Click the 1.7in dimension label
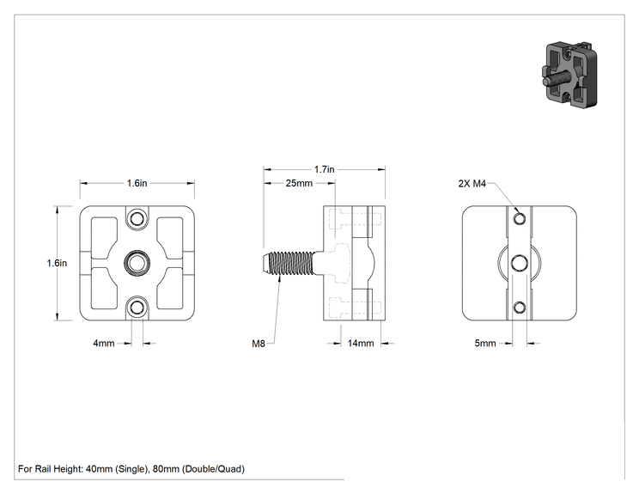pos(324,169)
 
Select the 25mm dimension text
pos(299,183)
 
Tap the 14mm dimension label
pos(361,343)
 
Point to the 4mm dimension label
pos(104,343)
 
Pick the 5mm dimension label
pos(485,343)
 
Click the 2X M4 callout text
pos(472,184)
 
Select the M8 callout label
pos(259,344)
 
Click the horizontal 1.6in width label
pos(137,183)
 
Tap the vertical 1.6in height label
pos(57,263)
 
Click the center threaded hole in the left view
pos(137,263)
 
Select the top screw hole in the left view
pos(137,219)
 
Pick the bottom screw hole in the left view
pos(137,307)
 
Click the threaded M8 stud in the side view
pos(289,263)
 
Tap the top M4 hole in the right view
pos(519,219)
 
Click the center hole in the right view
pos(519,263)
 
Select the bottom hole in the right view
pos(519,307)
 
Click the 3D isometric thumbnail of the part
pos(569,75)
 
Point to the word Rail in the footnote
pos(42,469)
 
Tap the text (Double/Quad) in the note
pos(213,469)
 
